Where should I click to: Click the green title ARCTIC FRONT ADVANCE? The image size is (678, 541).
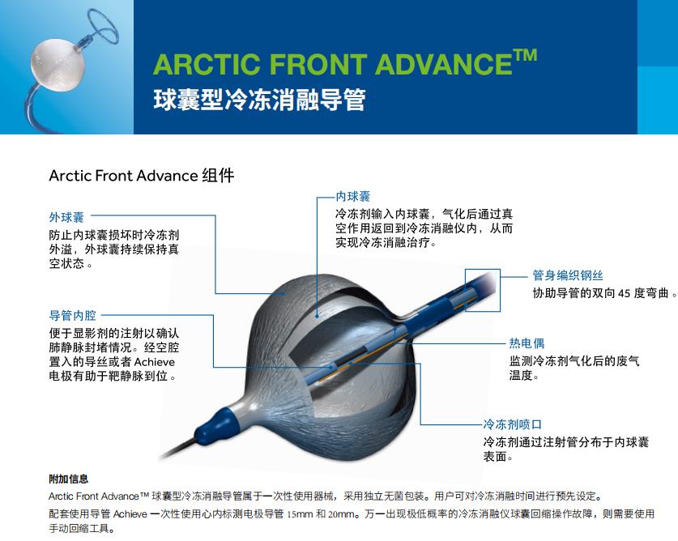click(x=332, y=65)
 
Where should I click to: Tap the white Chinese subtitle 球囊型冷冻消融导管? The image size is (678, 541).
click(x=259, y=100)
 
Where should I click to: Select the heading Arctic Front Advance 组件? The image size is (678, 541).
click(x=142, y=176)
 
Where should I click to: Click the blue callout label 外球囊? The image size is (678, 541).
click(x=66, y=217)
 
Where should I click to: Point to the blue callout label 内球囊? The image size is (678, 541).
click(x=353, y=197)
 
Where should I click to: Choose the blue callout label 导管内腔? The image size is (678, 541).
click(x=72, y=316)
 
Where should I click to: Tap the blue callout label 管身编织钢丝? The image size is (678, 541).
click(x=568, y=275)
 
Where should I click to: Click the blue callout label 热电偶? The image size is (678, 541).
click(x=527, y=343)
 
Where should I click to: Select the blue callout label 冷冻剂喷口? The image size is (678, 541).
click(x=513, y=424)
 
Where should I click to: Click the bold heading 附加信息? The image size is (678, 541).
click(x=68, y=479)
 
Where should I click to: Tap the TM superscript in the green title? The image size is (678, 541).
click(x=526, y=56)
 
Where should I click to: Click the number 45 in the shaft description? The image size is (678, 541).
click(x=624, y=293)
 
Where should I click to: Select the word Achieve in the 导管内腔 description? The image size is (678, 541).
click(x=155, y=362)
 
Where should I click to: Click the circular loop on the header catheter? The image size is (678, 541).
click(x=103, y=26)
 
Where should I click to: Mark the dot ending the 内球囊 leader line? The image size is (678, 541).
click(x=317, y=316)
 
